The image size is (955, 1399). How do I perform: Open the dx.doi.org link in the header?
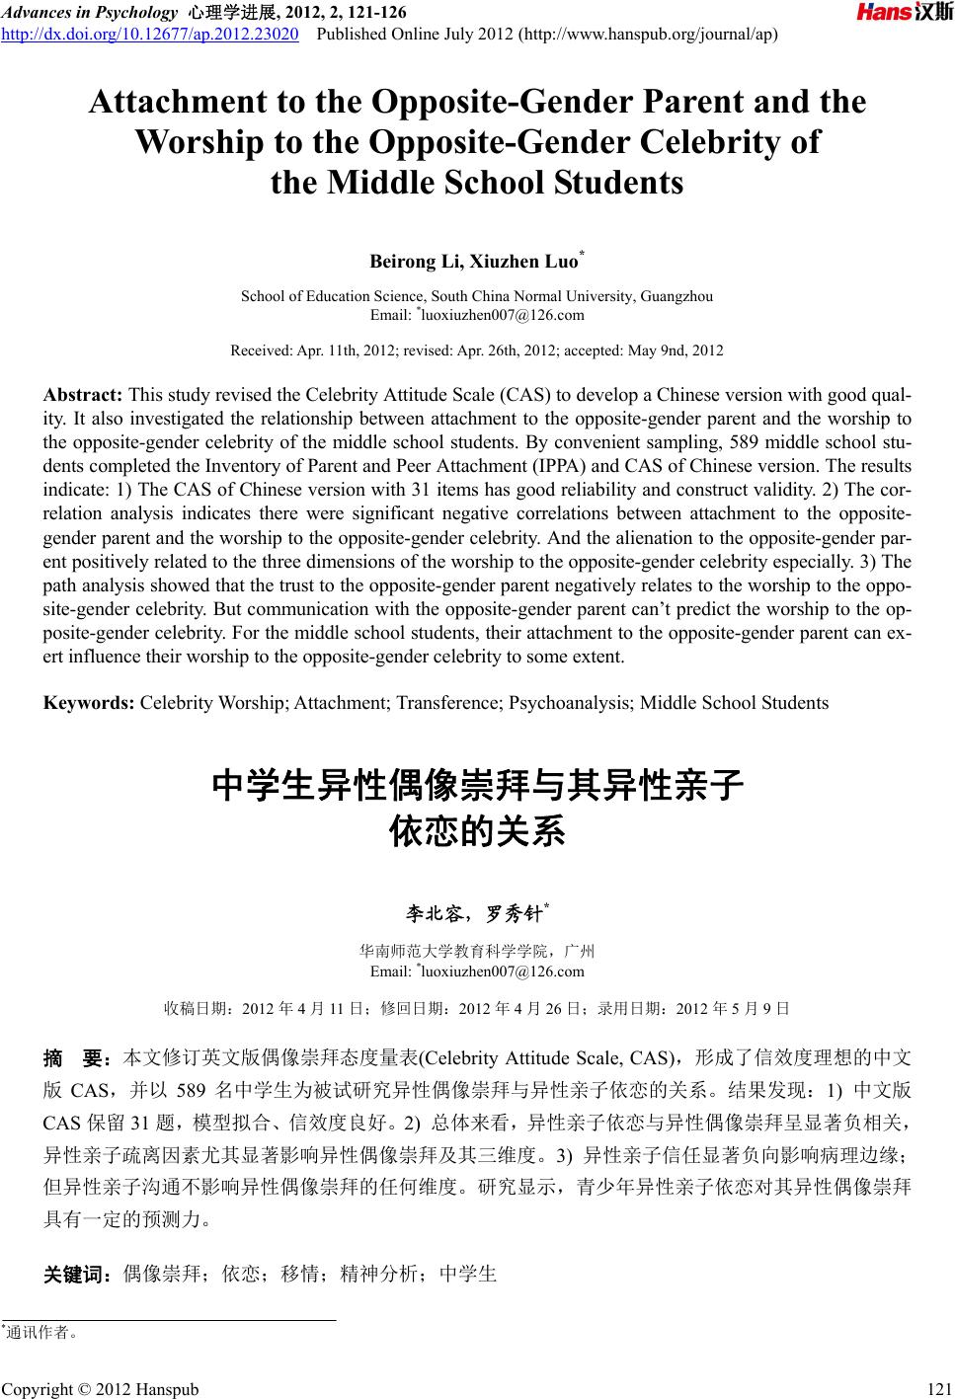coord(151,36)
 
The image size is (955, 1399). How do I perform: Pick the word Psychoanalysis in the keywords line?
coord(573,703)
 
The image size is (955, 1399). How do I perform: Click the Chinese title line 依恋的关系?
coord(478,831)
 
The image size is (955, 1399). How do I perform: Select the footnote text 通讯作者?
coord(42,1333)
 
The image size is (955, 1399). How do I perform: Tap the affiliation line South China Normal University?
coord(477,296)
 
